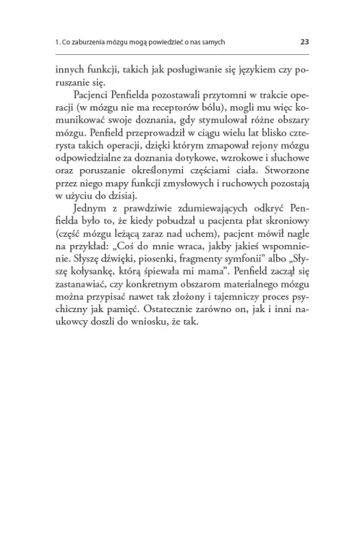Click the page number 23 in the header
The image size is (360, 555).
click(x=304, y=42)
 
